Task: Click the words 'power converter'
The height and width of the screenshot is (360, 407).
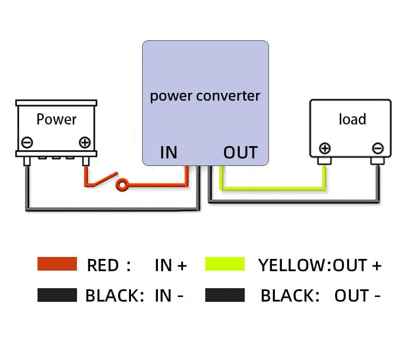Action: pyautogui.click(x=205, y=95)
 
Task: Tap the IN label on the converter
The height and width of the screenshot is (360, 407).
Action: pyautogui.click(x=168, y=153)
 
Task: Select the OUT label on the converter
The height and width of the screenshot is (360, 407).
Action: pyautogui.click(x=240, y=153)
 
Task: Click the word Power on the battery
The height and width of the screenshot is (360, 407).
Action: pyautogui.click(x=56, y=119)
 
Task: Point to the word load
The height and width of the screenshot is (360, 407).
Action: pyautogui.click(x=352, y=119)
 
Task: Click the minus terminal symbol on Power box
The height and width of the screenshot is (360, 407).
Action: pyautogui.click(x=27, y=142)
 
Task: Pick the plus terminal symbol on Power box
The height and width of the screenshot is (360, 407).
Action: pyautogui.click(x=85, y=142)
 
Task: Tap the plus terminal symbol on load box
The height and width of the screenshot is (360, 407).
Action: pyautogui.click(x=325, y=148)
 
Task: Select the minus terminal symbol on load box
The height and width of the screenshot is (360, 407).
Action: pyautogui.click(x=378, y=148)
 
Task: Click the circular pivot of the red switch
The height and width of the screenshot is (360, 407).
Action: pyautogui.click(x=122, y=186)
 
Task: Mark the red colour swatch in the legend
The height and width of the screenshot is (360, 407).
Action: pyautogui.click(x=57, y=264)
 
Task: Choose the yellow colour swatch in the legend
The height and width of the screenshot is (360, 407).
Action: pyautogui.click(x=225, y=264)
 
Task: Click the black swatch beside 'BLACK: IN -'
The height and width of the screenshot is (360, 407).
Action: pyautogui.click(x=57, y=295)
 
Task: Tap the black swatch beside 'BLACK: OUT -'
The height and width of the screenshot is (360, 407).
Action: pyautogui.click(x=225, y=295)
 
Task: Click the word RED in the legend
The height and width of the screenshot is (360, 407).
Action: pyautogui.click(x=103, y=265)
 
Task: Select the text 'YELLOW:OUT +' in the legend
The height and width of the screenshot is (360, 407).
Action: pyautogui.click(x=319, y=265)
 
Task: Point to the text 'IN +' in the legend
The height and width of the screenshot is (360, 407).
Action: pyautogui.click(x=170, y=265)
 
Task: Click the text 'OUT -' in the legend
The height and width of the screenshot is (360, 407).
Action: pyautogui.click(x=357, y=296)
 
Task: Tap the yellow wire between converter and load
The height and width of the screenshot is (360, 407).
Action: pyautogui.click(x=272, y=187)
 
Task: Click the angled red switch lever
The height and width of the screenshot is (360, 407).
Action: pyautogui.click(x=103, y=180)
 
